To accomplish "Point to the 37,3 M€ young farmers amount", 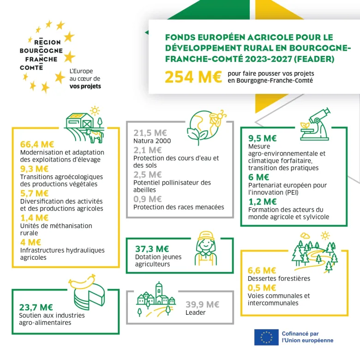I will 152,249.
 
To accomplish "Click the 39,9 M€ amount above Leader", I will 203,305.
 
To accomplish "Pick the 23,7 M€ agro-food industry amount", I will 36,307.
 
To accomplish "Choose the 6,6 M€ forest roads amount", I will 262,271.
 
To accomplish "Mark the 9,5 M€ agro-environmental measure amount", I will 263,138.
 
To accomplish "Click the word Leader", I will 195,312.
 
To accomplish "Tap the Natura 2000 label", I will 152,141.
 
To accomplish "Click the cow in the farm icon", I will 96,136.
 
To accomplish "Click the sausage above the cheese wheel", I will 83,280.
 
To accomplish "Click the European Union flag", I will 266,337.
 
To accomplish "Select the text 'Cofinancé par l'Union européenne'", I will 307,337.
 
